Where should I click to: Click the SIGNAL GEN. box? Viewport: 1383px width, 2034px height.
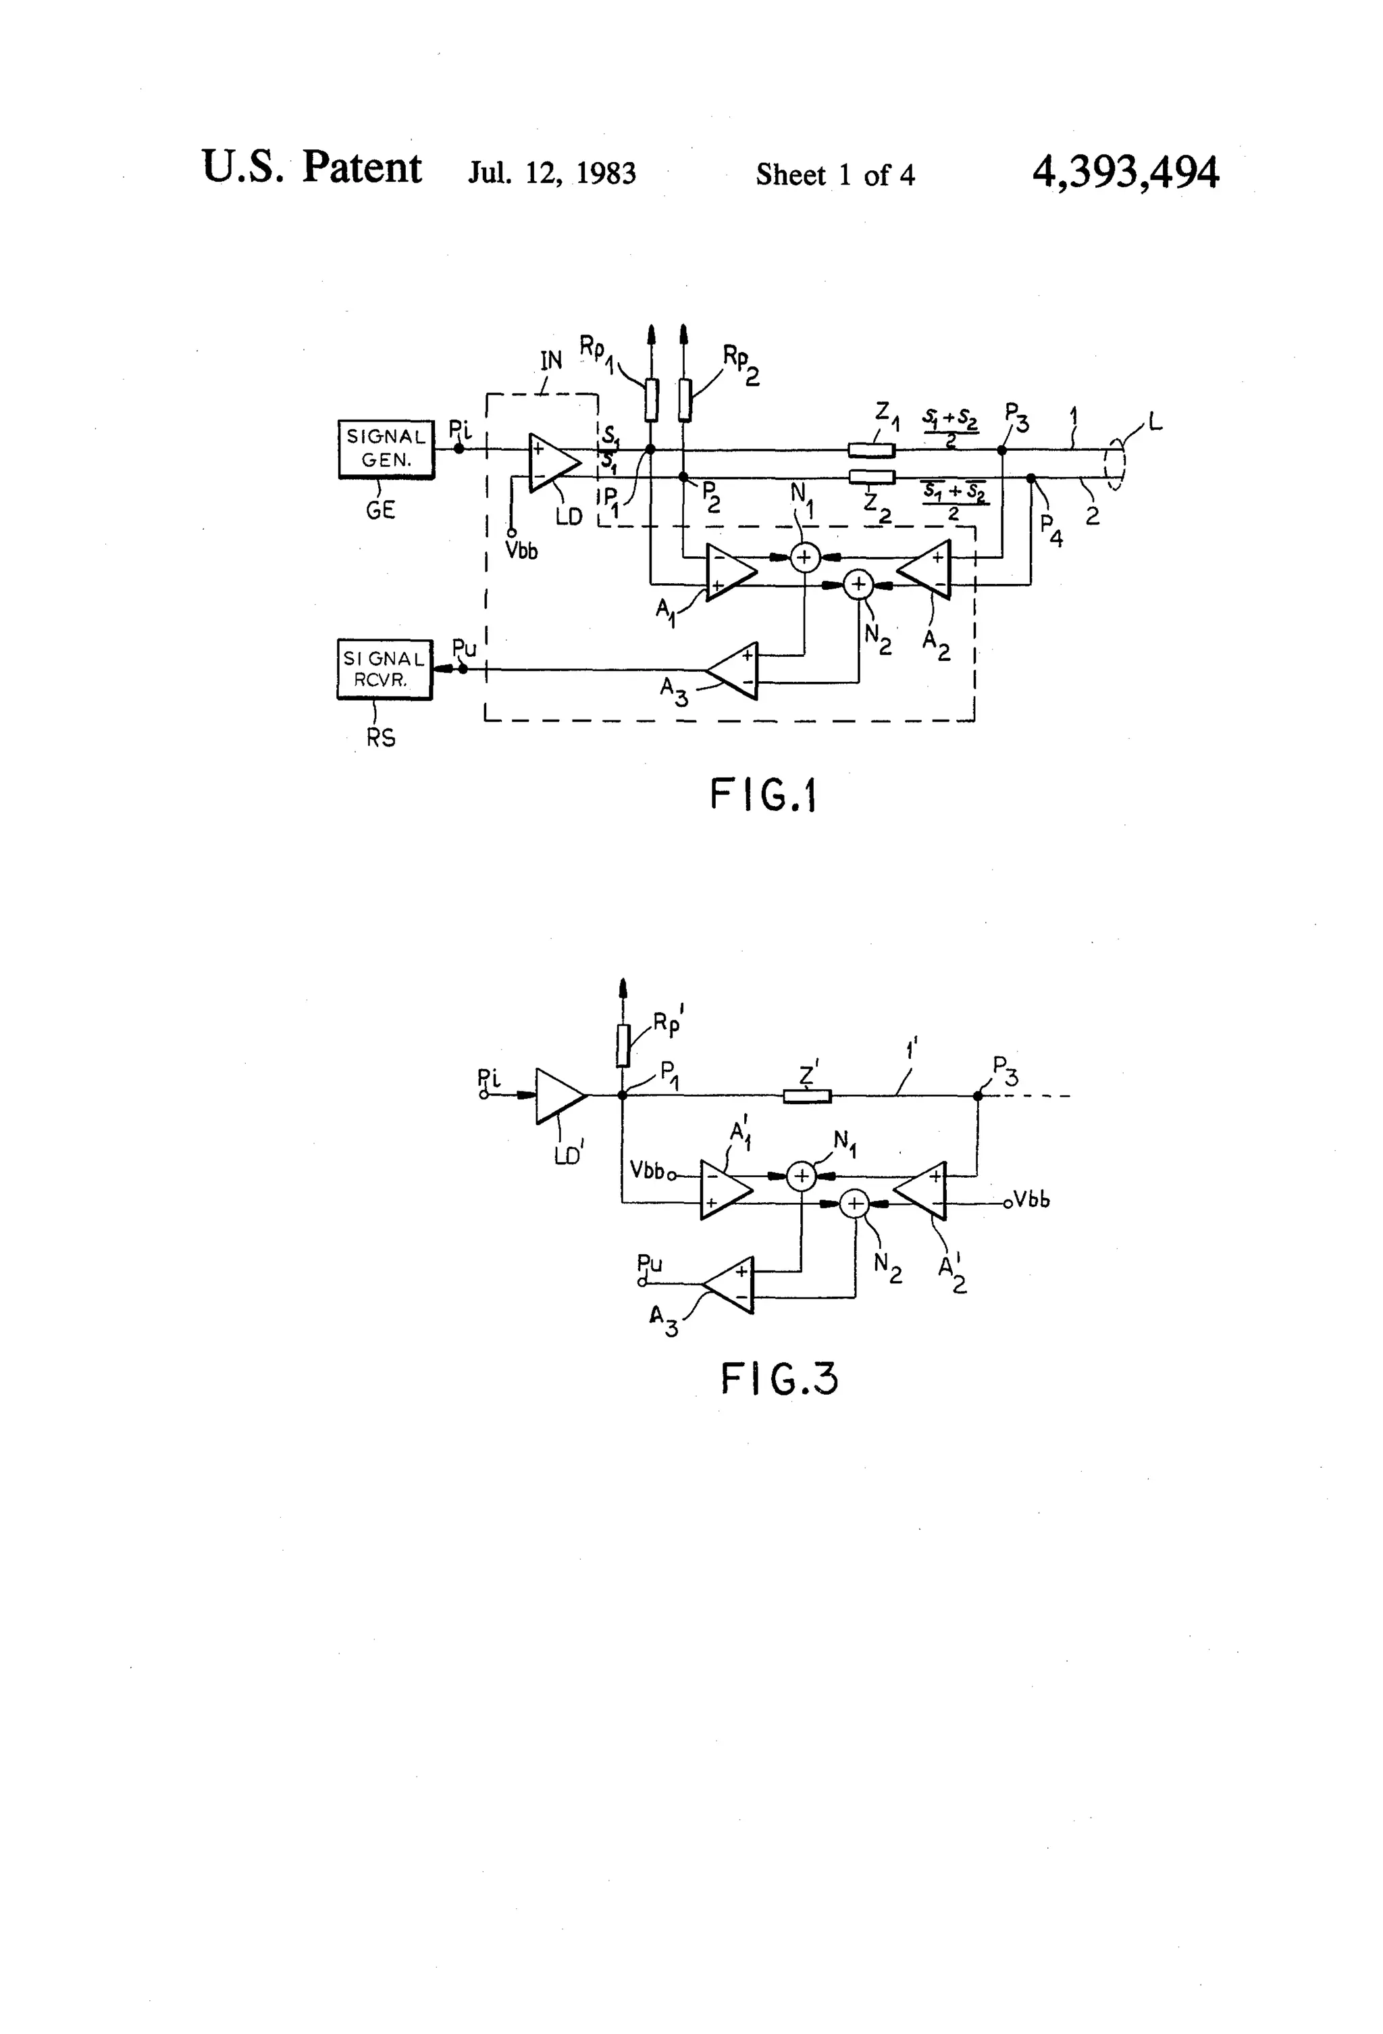pyautogui.click(x=386, y=449)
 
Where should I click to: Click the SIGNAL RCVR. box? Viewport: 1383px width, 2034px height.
pyautogui.click(x=384, y=670)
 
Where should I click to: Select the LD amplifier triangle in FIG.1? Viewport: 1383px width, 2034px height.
pyautogui.click(x=552, y=462)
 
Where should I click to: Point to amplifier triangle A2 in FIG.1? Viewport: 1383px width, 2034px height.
pyautogui.click(x=927, y=569)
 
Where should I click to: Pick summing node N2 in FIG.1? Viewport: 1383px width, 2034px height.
pyautogui.click(x=858, y=585)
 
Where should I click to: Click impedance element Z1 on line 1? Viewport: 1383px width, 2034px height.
pyautogui.click(x=871, y=451)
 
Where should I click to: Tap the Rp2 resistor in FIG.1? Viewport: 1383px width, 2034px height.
pyautogui.click(x=684, y=400)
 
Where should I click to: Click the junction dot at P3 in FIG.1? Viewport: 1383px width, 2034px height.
pyautogui.click(x=1003, y=450)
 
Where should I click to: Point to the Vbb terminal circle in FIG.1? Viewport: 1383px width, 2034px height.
pyautogui.click(x=512, y=531)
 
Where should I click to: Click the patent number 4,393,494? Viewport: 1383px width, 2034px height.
pyautogui.click(x=1125, y=172)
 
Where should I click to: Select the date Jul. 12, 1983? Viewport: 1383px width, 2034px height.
pyautogui.click(x=552, y=173)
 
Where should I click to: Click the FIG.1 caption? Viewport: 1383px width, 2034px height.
pyautogui.click(x=762, y=795)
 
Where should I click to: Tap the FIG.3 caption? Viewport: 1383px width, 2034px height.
pyautogui.click(x=779, y=1380)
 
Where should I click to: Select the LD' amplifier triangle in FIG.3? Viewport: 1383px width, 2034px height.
pyautogui.click(x=557, y=1095)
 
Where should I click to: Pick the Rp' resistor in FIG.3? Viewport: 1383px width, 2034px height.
pyautogui.click(x=622, y=1045)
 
